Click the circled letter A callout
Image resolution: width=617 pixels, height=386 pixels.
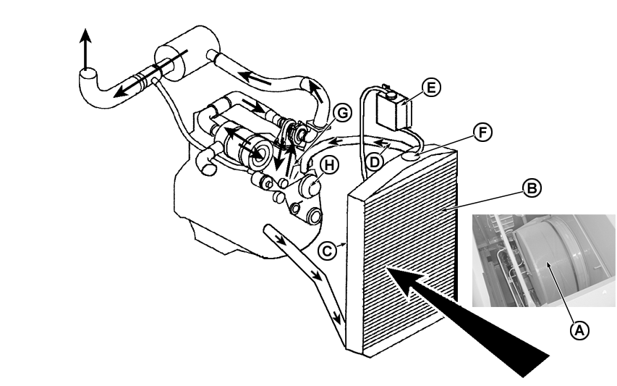[579, 330]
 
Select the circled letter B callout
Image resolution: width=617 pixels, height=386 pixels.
[532, 188]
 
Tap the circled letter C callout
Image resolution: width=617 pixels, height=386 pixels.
[328, 251]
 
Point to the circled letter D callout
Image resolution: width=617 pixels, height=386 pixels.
[375, 162]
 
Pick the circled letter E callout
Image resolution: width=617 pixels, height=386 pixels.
[431, 88]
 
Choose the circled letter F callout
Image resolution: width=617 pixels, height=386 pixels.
[482, 133]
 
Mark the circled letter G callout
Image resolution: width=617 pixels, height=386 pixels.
[342, 114]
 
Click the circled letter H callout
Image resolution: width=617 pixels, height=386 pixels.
[329, 165]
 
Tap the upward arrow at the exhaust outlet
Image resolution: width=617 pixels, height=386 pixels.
[86, 49]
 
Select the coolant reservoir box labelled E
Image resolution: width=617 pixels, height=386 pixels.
[394, 111]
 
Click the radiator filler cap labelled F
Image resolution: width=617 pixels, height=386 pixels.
[411, 156]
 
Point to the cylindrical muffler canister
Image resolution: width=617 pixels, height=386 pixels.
[187, 53]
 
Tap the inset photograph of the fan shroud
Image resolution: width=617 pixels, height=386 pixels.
[544, 261]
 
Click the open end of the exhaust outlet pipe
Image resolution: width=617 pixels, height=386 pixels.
[88, 74]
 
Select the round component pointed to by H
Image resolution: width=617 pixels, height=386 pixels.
[310, 186]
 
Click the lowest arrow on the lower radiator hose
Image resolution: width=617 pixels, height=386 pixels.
[336, 316]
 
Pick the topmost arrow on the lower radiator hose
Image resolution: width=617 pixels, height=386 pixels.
[280, 239]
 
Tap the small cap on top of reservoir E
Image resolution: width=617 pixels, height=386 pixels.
[391, 95]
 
